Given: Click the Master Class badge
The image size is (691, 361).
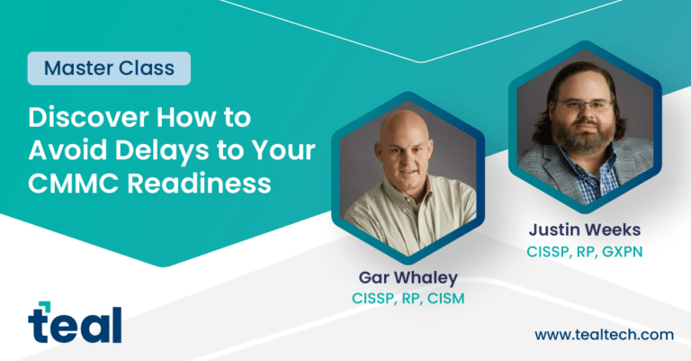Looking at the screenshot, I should click(109, 68).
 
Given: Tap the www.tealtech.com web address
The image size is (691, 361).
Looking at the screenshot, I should click(604, 334).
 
